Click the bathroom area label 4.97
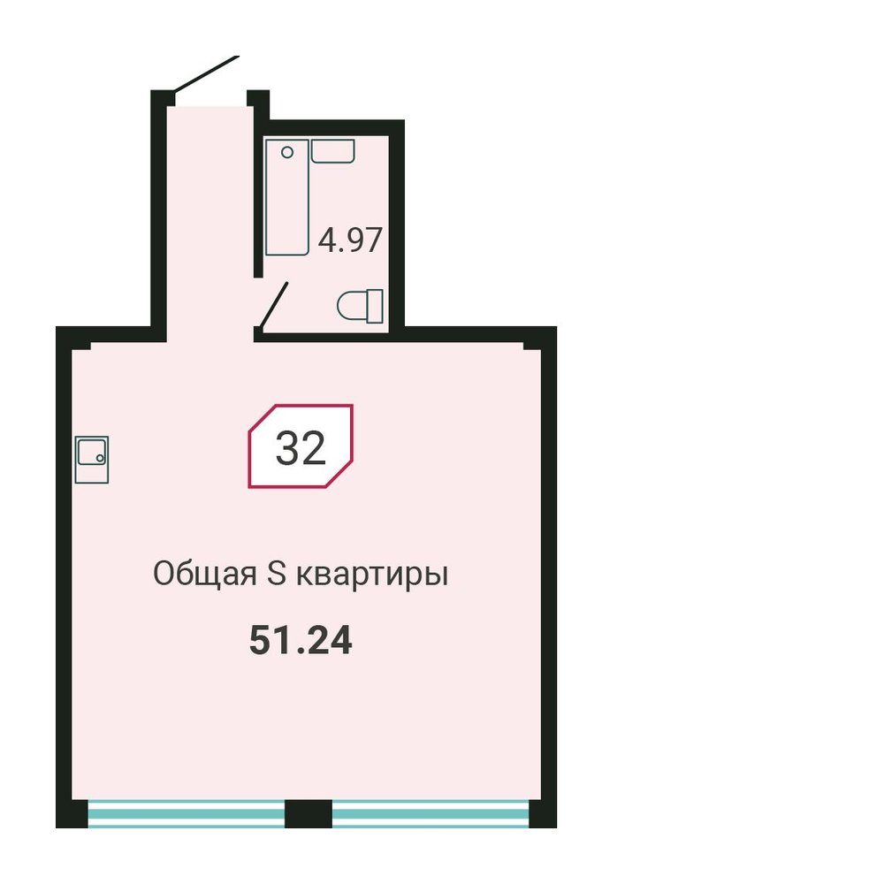click(350, 240)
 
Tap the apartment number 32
click(301, 448)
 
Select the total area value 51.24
click(301, 640)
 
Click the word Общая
click(205, 575)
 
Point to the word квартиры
click(373, 576)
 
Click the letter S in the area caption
click(276, 574)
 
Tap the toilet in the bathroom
click(361, 306)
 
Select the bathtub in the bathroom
click(287, 197)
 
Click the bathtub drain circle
click(287, 152)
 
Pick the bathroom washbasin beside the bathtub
click(333, 151)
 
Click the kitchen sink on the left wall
click(92, 460)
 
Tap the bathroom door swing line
click(273, 305)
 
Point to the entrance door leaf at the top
click(206, 73)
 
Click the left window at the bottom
click(186, 813)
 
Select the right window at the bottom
click(431, 813)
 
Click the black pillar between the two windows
click(309, 813)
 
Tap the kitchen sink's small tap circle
click(100, 458)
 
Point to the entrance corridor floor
click(210, 225)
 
